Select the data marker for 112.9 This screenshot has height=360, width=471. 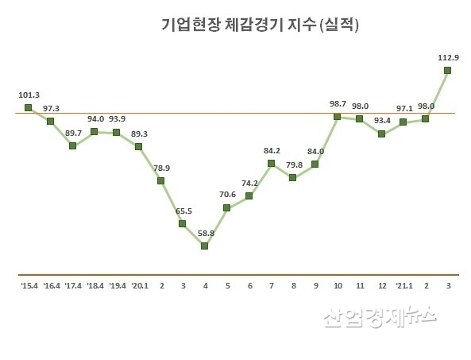tap(448, 71)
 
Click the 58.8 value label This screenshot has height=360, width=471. tap(205, 232)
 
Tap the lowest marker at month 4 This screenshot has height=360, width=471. tap(205, 246)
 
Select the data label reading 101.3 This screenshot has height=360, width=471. tap(29, 95)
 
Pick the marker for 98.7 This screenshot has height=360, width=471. tap(338, 117)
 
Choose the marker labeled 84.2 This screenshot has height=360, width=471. tap(271, 164)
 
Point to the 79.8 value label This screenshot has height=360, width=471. tap(293, 165)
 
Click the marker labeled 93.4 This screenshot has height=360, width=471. tap(381, 134)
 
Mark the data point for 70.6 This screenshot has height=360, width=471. tap(227, 207)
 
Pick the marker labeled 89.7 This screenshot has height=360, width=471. tap(72, 145)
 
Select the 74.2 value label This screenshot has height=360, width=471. tap(249, 182)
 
